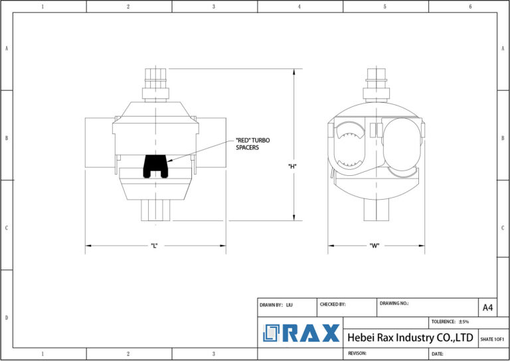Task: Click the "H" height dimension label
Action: (x=292, y=166)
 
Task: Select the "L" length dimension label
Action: (x=153, y=246)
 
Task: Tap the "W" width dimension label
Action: (x=374, y=246)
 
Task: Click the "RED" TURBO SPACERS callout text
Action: (x=252, y=143)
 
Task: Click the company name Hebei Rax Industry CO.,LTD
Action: (x=410, y=338)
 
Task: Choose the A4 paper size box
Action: (x=487, y=307)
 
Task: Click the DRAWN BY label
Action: (x=271, y=305)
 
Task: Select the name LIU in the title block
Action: (x=290, y=305)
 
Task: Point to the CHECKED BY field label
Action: (x=333, y=304)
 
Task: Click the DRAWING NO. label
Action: (x=394, y=303)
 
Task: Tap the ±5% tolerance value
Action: (x=464, y=321)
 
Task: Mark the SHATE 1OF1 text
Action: (x=492, y=338)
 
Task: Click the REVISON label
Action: (x=358, y=354)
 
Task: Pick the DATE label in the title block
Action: (x=440, y=354)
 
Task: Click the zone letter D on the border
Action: (x=7, y=317)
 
